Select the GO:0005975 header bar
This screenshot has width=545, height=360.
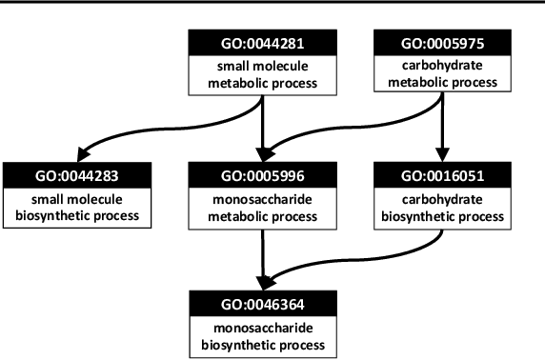coord(439,43)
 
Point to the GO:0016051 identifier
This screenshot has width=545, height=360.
coord(439,174)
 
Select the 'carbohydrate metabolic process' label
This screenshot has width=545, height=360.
coord(439,74)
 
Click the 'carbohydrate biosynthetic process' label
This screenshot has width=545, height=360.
coord(439,207)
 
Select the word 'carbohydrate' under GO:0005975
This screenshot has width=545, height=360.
coord(439,67)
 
